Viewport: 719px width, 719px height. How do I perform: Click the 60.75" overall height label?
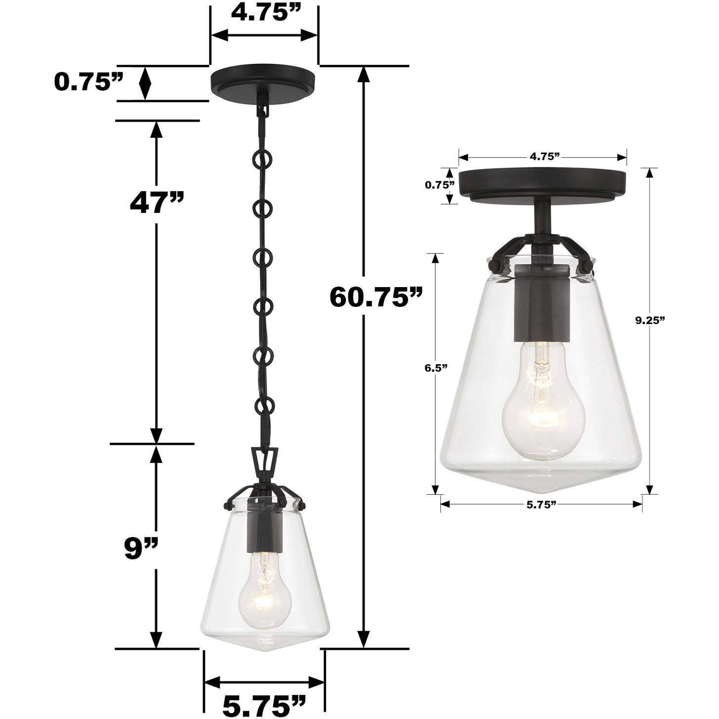pyautogui.click(x=376, y=296)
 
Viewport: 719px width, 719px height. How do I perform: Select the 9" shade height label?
pyautogui.click(x=141, y=549)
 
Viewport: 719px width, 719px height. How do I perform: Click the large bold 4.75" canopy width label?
pyautogui.click(x=264, y=13)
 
